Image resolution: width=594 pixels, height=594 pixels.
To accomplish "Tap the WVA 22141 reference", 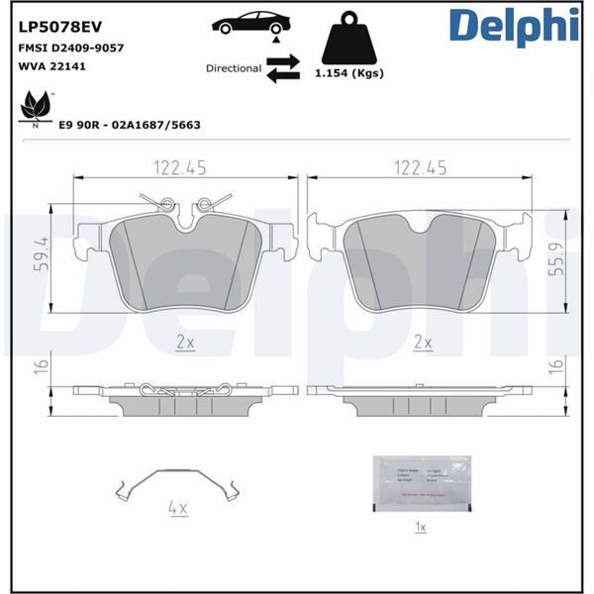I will point(49,66).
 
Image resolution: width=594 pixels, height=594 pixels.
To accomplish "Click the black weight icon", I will point(349,38).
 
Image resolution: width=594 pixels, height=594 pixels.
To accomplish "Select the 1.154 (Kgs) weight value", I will point(349,73).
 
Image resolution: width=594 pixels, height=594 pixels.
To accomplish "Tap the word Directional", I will point(234,69).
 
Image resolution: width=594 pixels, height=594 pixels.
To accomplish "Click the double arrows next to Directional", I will point(283,68).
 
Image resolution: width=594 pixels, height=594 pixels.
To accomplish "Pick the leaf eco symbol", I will point(36,105).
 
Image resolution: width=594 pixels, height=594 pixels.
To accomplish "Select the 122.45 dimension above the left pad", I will point(180,168).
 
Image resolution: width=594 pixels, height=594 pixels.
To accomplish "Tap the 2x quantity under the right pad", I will point(423,342).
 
